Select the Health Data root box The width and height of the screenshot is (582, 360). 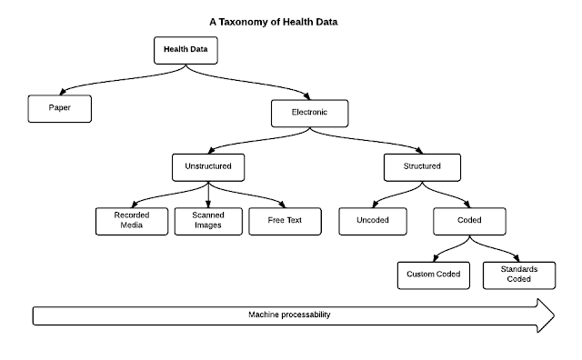tap(186, 50)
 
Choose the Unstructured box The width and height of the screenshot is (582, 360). tap(208, 166)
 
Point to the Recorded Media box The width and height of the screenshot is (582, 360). tap(131, 220)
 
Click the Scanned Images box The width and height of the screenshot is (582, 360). tap(207, 220)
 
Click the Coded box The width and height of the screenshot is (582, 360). tap(469, 220)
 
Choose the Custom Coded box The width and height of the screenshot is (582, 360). tap(433, 274)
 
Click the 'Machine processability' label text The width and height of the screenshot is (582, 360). tap(289, 315)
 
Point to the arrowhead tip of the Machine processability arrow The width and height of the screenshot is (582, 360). tap(552, 315)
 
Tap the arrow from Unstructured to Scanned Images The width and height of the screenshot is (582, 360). tap(208, 193)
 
